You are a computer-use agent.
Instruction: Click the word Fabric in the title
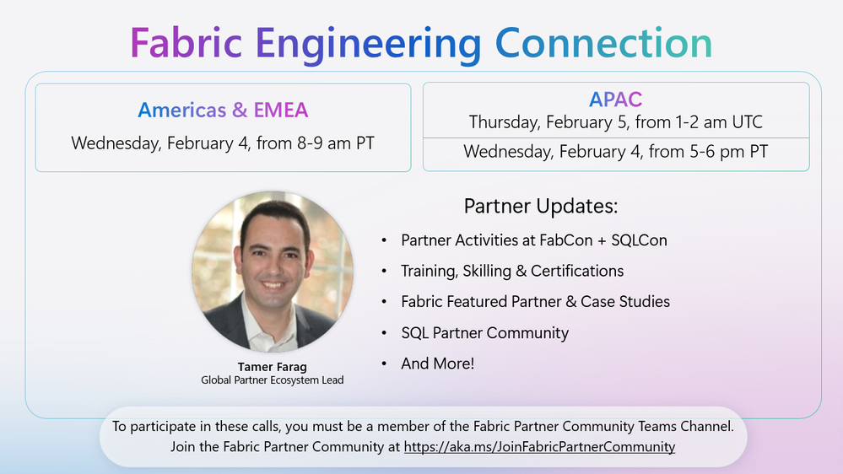pyautogui.click(x=186, y=42)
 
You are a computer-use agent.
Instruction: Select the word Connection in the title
pyautogui.click(x=603, y=42)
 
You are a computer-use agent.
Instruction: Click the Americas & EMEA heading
pyautogui.click(x=223, y=110)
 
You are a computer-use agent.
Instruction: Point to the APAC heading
pyautogui.click(x=615, y=100)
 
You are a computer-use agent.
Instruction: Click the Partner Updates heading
pyautogui.click(x=541, y=207)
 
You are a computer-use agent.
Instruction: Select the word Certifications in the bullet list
pyautogui.click(x=577, y=271)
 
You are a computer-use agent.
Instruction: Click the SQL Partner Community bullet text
pyautogui.click(x=485, y=333)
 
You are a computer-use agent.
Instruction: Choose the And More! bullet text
pyautogui.click(x=438, y=364)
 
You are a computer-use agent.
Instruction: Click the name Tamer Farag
pyautogui.click(x=272, y=367)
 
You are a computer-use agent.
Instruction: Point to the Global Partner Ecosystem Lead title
pyautogui.click(x=272, y=380)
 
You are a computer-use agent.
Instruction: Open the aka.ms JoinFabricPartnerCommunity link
pyautogui.click(x=539, y=447)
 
